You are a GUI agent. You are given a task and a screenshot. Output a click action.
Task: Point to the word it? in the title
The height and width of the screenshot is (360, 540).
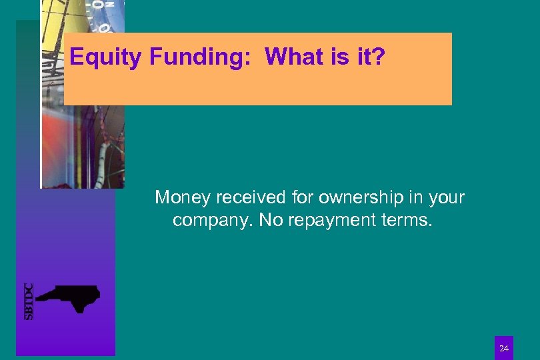click(x=369, y=57)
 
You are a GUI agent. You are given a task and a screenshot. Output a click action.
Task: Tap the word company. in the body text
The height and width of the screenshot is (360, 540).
click(x=212, y=220)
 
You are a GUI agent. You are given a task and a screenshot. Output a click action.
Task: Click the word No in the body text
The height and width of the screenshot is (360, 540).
click(x=270, y=220)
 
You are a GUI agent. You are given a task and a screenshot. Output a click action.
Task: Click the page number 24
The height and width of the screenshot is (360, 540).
click(x=504, y=348)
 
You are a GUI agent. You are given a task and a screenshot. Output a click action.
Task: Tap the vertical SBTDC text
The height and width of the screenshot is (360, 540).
click(x=29, y=301)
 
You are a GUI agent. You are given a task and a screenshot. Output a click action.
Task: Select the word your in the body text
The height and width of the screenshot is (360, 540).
click(x=447, y=198)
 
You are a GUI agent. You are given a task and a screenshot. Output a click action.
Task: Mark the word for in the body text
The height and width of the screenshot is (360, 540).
click(x=303, y=198)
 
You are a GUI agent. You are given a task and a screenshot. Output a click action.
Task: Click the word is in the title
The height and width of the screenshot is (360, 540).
click(x=339, y=57)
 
